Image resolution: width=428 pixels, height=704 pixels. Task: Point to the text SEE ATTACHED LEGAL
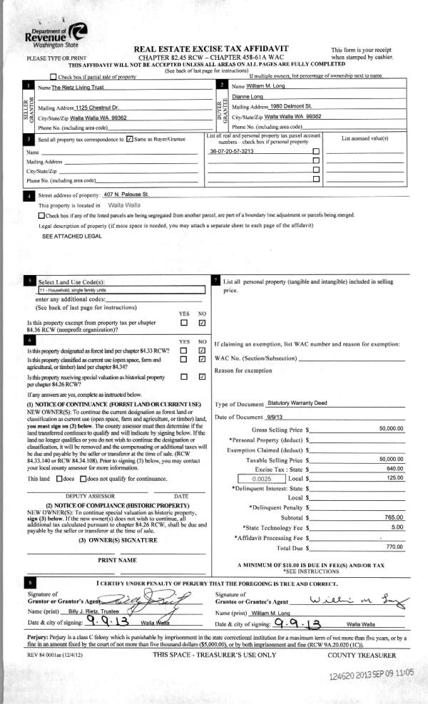(x=66, y=236)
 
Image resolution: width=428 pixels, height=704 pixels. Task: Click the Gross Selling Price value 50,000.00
(x=392, y=429)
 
